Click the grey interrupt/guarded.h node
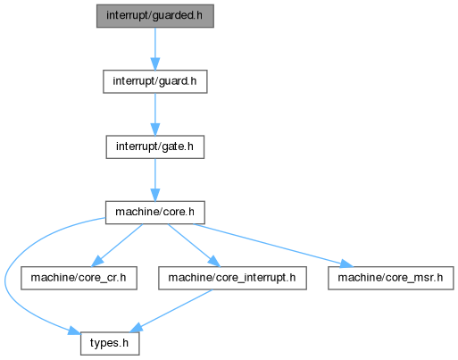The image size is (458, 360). click(x=155, y=16)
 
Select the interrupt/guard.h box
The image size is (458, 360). click(x=155, y=81)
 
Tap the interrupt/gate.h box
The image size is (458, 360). click(x=155, y=147)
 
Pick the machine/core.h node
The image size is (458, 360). click(x=155, y=213)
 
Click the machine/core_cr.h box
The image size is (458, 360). click(x=79, y=278)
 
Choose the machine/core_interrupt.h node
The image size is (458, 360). click(x=232, y=278)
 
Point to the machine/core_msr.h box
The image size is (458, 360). click(x=391, y=278)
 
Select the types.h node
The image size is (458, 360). click(x=110, y=344)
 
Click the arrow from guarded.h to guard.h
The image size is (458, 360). click(x=155, y=49)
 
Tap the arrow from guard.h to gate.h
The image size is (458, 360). click(x=155, y=114)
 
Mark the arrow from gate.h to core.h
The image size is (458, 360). click(x=155, y=180)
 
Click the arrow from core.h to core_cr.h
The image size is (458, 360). click(x=117, y=246)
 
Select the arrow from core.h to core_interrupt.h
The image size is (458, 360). click(x=194, y=246)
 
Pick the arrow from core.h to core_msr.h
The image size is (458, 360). click(x=273, y=246)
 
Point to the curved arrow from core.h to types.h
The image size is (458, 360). click(x=5, y=283)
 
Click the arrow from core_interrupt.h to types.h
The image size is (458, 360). click(x=171, y=311)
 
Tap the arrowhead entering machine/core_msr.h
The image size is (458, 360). click(x=346, y=264)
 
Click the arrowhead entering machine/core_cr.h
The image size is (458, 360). click(x=97, y=261)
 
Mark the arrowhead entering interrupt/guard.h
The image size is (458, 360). click(x=155, y=64)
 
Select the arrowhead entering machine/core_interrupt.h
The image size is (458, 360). click(x=213, y=261)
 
